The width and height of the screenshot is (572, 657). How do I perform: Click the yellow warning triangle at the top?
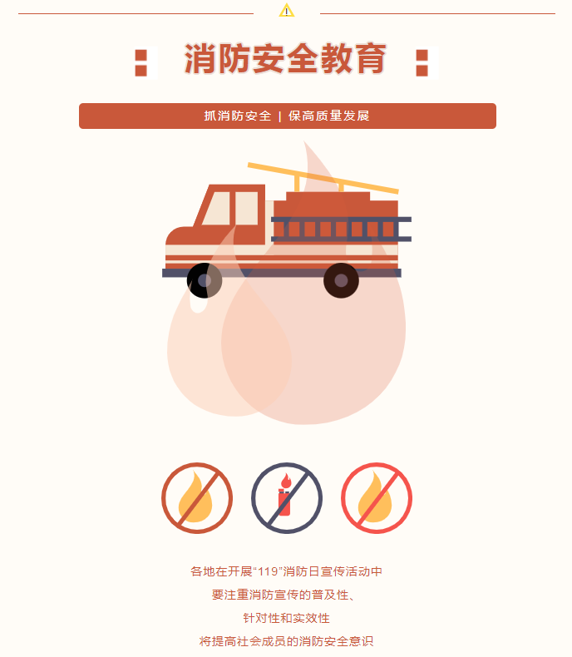[287, 11]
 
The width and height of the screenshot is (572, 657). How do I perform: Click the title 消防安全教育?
[285, 60]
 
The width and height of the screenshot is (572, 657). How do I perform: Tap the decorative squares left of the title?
[141, 62]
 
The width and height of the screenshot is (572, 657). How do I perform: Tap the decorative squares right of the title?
[422, 62]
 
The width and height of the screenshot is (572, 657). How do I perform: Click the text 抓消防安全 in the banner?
[238, 116]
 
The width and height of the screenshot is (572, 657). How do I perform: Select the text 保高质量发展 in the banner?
[328, 116]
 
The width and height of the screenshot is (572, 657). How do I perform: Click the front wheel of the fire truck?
[204, 280]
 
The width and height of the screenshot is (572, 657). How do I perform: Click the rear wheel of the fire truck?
[341, 280]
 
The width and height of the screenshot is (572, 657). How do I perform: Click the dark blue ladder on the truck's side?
[341, 229]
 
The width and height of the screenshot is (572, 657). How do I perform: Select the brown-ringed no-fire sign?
[196, 497]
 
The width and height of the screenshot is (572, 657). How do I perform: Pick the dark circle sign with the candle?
[286, 497]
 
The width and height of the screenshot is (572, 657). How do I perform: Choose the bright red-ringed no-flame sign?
[376, 497]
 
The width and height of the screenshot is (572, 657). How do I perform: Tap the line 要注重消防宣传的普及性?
[285, 595]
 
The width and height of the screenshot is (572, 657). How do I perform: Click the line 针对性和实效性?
[286, 619]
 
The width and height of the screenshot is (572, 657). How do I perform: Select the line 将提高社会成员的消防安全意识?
[286, 642]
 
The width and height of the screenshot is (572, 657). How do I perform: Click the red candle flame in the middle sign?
[286, 481]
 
